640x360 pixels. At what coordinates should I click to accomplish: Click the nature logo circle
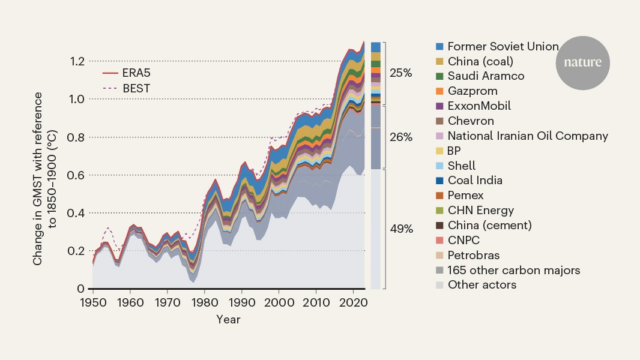[x=582, y=62]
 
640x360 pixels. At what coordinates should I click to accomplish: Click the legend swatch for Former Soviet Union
[x=439, y=46]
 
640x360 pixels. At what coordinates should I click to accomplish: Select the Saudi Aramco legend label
[x=486, y=76]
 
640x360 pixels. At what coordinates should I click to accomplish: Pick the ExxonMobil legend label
[x=479, y=106]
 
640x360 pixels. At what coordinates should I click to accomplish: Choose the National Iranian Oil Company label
[x=528, y=136]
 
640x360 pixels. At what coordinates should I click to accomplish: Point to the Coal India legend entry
[x=475, y=181]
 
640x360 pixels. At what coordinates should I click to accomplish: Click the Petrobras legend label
[x=474, y=255]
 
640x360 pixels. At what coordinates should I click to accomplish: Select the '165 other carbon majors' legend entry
[x=514, y=270]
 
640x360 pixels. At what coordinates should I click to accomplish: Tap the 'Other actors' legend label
[x=482, y=285]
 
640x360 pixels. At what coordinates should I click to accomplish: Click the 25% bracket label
[x=401, y=73]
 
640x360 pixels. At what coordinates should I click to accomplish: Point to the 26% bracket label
[x=401, y=137]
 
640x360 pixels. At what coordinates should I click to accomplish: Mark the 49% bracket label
[x=401, y=229]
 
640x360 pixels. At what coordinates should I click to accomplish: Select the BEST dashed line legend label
[x=136, y=88]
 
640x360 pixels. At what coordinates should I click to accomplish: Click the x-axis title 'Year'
[x=228, y=320]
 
